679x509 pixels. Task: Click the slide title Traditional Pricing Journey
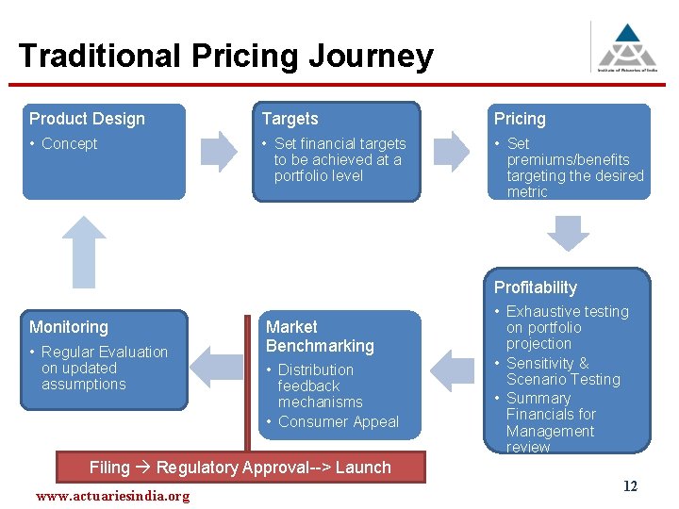(225, 57)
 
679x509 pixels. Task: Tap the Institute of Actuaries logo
(628, 46)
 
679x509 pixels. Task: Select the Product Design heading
(87, 119)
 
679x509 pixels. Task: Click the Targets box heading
(290, 119)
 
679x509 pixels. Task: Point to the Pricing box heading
(520, 119)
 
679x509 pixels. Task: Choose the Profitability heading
(536, 287)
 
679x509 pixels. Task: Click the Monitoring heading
(69, 327)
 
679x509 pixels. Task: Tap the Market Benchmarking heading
(320, 337)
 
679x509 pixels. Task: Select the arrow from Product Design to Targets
(221, 150)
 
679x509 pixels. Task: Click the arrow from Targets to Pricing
(452, 150)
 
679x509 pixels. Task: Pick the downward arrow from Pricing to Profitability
(569, 233)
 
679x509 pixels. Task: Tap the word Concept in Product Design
(70, 144)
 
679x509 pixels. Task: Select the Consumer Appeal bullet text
(338, 422)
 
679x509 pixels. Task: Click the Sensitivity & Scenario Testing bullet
(563, 371)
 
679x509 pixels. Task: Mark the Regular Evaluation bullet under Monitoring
(98, 368)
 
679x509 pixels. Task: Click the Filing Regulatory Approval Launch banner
(240, 468)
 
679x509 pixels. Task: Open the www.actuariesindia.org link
(112, 496)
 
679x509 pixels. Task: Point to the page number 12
(630, 486)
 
